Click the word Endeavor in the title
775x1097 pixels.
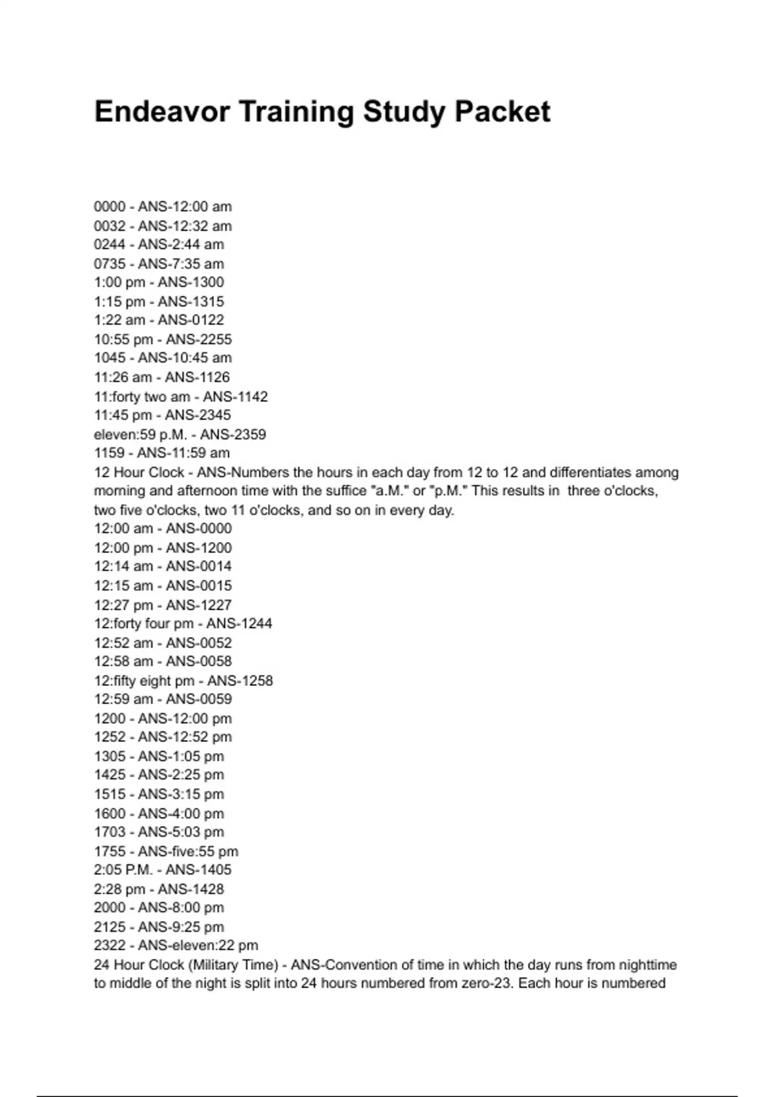(161, 112)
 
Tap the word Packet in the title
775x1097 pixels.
(502, 112)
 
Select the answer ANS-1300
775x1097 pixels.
(191, 282)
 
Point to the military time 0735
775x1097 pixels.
(110, 263)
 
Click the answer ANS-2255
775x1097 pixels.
(199, 339)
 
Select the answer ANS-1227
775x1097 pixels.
(199, 605)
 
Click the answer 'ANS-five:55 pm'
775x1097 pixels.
(188, 851)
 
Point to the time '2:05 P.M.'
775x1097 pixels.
(123, 870)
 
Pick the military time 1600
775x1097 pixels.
(110, 813)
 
